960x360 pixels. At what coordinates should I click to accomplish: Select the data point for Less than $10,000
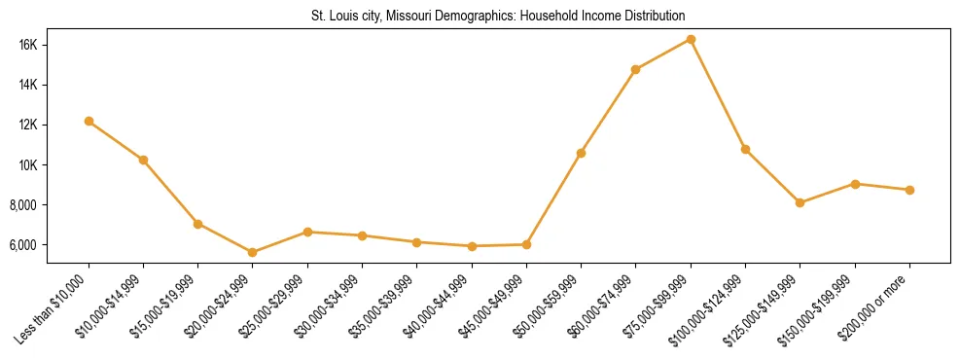coord(89,121)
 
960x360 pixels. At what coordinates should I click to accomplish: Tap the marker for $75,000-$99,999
coord(691,39)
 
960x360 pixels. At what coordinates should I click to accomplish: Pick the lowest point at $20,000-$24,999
coord(253,252)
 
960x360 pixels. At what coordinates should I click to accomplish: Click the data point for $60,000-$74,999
coord(635,69)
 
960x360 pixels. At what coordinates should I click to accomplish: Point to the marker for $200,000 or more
coord(909,190)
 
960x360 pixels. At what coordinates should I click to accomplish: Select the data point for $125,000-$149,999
coord(800,202)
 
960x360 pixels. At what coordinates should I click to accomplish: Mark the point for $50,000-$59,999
coord(581,153)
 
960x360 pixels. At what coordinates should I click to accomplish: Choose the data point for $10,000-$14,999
coord(143,160)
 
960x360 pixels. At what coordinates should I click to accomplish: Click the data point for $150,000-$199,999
coord(855,184)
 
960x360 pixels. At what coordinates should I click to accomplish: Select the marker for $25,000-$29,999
coord(307,232)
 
